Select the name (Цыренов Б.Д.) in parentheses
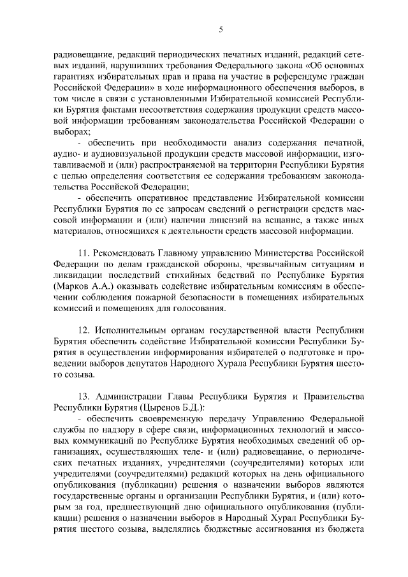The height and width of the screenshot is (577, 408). point(156,407)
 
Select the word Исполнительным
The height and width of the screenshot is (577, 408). point(136,330)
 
